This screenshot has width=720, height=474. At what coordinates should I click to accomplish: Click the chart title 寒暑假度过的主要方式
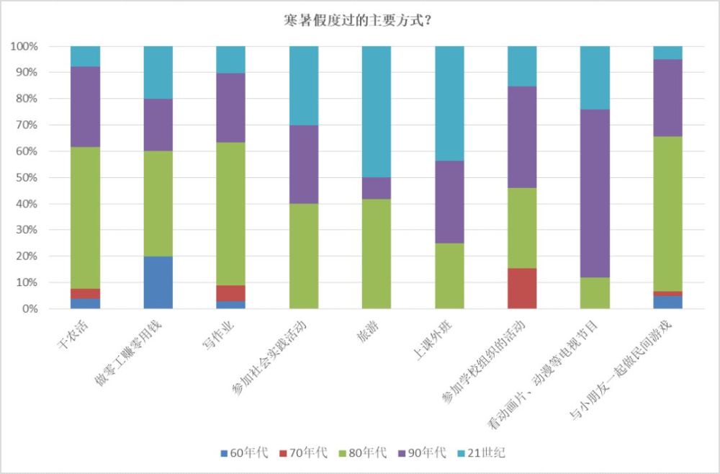click(x=358, y=20)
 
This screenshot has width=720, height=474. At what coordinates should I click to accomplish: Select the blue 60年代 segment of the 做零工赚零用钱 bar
click(x=158, y=282)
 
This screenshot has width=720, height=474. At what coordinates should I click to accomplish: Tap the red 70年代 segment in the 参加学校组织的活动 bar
click(x=522, y=288)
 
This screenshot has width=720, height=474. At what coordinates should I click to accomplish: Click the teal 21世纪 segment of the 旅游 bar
click(x=377, y=112)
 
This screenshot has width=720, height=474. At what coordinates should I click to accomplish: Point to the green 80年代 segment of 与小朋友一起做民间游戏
click(x=667, y=214)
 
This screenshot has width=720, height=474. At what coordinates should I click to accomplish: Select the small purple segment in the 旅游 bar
click(x=377, y=188)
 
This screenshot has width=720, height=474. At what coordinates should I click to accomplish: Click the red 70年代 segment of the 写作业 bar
click(x=231, y=293)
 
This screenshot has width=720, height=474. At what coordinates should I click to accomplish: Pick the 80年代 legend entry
click(x=363, y=453)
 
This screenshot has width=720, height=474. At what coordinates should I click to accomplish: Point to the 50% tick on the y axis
click(x=27, y=178)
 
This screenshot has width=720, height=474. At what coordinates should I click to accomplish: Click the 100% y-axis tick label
click(x=24, y=47)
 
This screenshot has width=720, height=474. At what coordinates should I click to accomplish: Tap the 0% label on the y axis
click(x=30, y=309)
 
